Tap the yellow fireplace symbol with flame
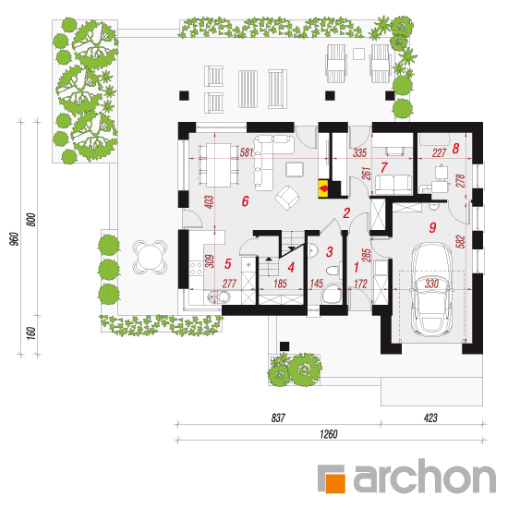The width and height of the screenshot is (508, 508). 323,188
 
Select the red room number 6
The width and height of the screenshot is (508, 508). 246,201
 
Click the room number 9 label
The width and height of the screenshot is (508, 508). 432,227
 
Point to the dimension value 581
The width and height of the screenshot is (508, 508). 247,152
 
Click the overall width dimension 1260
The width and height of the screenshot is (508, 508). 329,434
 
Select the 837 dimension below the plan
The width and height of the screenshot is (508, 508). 278,417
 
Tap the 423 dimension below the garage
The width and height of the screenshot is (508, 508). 430,417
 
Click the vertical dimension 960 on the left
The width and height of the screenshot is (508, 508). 14,239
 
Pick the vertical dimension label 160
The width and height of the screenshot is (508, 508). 30,333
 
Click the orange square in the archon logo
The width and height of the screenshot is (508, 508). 334,483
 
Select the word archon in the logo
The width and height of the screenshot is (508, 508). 425,477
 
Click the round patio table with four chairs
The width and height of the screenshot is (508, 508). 150,257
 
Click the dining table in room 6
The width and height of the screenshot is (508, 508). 219,165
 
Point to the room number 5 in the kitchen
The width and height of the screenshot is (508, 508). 228,264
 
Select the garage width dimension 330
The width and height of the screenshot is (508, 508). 431,284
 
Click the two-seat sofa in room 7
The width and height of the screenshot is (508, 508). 393,185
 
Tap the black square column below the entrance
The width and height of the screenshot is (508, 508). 284,346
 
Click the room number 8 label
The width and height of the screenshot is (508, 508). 455,149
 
